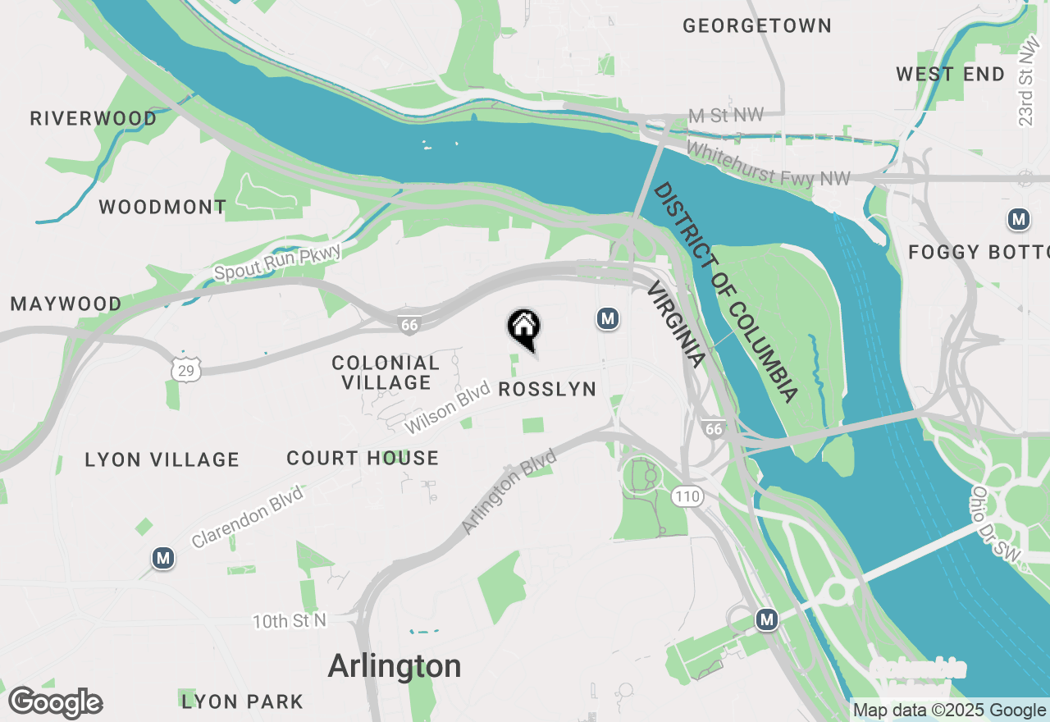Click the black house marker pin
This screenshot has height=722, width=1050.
[x=523, y=328]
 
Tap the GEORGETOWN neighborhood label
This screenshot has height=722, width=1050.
[x=757, y=26]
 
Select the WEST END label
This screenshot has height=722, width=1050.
[x=950, y=75]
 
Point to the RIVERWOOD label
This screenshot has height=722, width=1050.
[x=94, y=119]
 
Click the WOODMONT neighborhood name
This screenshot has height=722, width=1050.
[x=162, y=208]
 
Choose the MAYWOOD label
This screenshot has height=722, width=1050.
[x=66, y=304]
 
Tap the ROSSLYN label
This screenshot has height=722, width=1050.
[x=547, y=390]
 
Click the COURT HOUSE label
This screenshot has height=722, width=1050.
[x=363, y=459]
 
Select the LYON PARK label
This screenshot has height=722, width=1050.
[x=243, y=702]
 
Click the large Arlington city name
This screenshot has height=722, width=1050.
[x=395, y=666]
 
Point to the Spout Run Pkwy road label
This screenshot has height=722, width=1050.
[x=277, y=262]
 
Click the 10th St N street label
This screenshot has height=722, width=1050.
[x=289, y=621]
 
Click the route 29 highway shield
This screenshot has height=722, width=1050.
[x=187, y=369]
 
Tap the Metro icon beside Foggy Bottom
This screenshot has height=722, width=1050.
[x=1019, y=220]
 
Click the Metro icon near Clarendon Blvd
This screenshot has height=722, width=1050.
[x=163, y=559]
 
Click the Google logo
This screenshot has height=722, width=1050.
[x=55, y=703]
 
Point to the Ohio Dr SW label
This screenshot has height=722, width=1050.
[x=995, y=526]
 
